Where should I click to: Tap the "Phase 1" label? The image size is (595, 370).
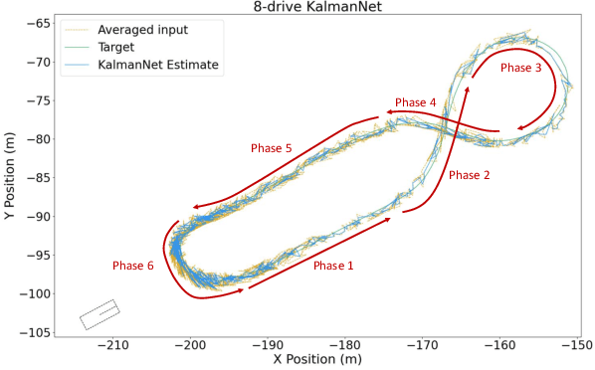(x=332, y=266)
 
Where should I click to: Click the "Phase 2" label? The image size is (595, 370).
(x=470, y=175)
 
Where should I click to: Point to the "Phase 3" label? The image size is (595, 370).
(x=521, y=69)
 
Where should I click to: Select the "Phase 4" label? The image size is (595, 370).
(x=416, y=102)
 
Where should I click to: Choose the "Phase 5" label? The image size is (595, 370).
(x=271, y=148)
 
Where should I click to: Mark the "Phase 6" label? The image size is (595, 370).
(x=133, y=266)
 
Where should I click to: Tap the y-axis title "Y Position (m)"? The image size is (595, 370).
(x=10, y=177)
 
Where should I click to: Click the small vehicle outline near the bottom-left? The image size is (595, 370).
(x=99, y=314)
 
